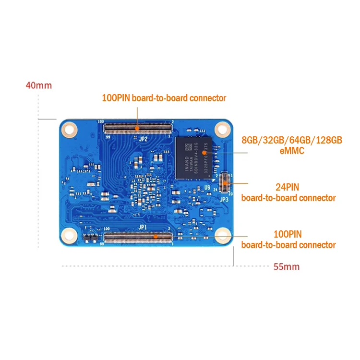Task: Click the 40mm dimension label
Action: (x=38, y=86)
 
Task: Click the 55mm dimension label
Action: (x=287, y=266)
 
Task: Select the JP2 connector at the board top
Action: (x=138, y=128)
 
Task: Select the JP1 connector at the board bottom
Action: (x=138, y=236)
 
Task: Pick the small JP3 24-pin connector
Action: (x=224, y=183)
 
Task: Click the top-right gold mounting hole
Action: (x=222, y=128)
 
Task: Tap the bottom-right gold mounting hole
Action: (x=222, y=235)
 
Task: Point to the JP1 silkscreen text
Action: (x=143, y=227)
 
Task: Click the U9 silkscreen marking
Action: (x=207, y=188)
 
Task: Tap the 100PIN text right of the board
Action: (x=288, y=234)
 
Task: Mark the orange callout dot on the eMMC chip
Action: (x=204, y=152)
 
